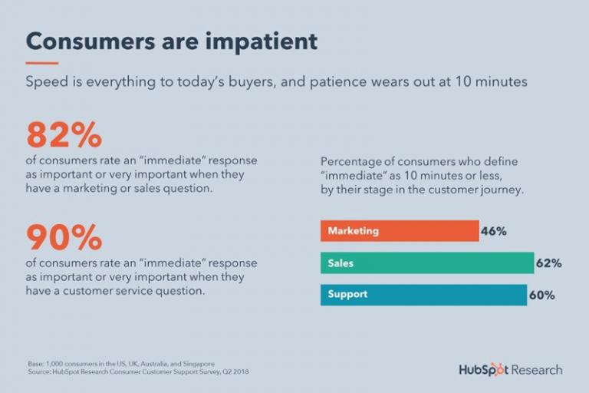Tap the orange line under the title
click(42, 63)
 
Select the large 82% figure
click(64, 136)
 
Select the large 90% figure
click(64, 238)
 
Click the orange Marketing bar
click(399, 231)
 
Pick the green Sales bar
click(426, 263)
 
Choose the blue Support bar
click(423, 295)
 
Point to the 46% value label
click(494, 231)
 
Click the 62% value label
click(549, 263)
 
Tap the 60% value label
click(542, 295)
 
